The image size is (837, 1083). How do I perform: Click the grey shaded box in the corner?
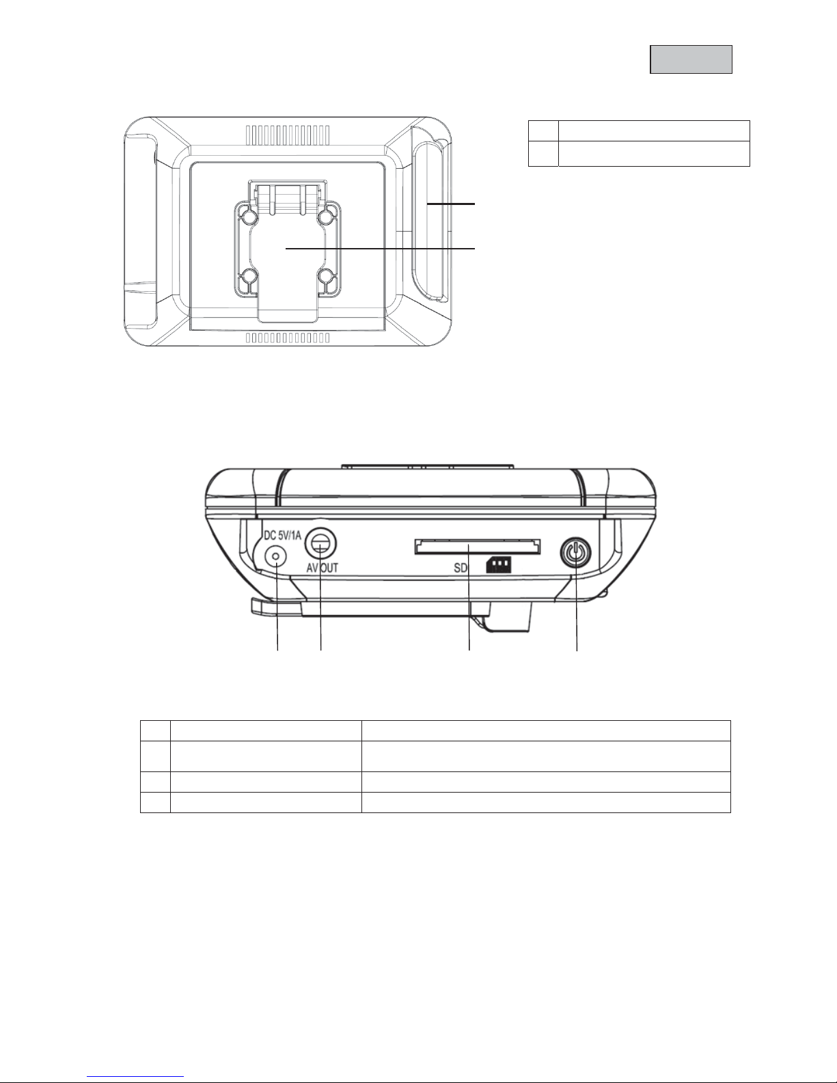pos(691,59)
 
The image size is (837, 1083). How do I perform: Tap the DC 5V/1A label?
pos(282,536)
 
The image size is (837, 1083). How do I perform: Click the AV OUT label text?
pos(323,567)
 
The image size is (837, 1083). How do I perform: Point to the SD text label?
pos(461,567)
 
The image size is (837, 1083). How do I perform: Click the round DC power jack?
pos(275,556)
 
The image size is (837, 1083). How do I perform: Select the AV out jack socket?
pos(321,544)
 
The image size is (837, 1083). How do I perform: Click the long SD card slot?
pos(478,546)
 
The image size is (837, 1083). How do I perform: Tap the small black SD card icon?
pos(498,564)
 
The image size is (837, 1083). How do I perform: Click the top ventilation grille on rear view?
pos(288,133)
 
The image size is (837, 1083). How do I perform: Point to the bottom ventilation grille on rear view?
pos(288,338)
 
